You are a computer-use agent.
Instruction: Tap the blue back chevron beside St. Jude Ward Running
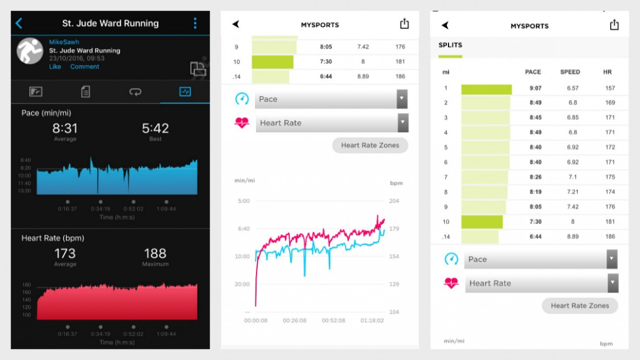(x=19, y=23)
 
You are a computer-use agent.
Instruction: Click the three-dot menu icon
(x=195, y=23)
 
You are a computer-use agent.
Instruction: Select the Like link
(x=55, y=67)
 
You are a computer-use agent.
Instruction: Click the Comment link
(x=84, y=67)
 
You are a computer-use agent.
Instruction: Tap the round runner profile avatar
(x=30, y=51)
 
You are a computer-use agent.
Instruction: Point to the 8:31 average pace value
(x=65, y=128)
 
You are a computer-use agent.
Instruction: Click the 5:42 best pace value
(x=155, y=128)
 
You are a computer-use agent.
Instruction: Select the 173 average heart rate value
(x=65, y=254)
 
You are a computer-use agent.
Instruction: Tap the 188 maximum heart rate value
(x=155, y=254)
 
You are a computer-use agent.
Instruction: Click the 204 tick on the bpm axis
(x=394, y=201)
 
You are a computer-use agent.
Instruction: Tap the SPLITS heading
(x=450, y=45)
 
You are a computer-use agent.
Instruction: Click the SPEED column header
(x=570, y=72)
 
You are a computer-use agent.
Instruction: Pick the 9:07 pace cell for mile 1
(x=535, y=88)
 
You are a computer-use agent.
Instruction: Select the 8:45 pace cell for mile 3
(x=535, y=118)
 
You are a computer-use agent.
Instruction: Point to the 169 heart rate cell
(x=610, y=103)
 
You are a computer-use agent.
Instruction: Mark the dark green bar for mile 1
(x=486, y=89)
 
